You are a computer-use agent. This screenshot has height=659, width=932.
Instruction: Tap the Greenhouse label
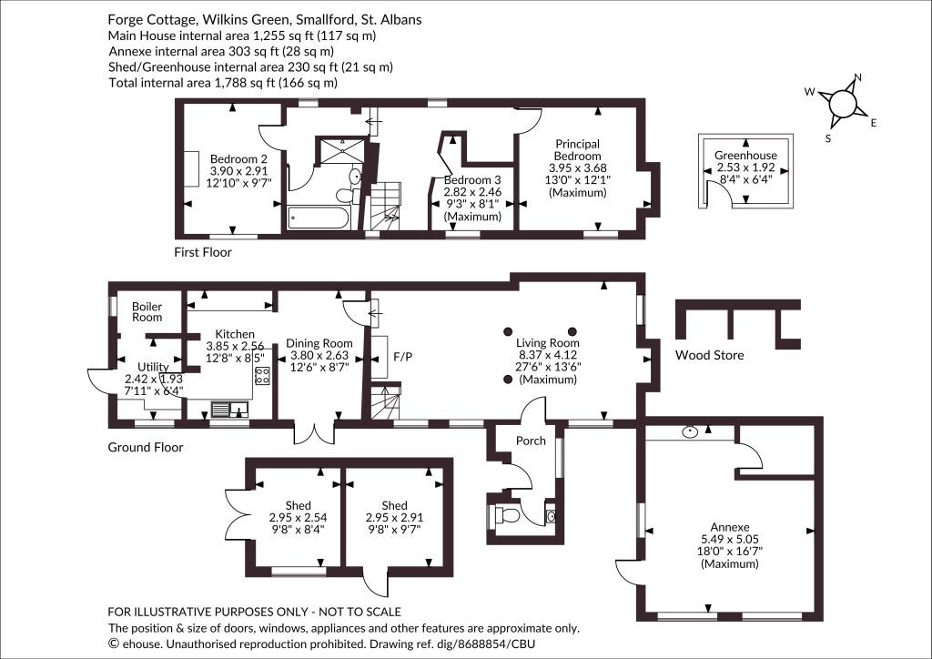pos(745,156)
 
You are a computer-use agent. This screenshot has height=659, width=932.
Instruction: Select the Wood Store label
pos(709,355)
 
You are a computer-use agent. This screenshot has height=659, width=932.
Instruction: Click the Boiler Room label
pos(147,312)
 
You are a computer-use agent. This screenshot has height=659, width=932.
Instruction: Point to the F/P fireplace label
pos(402,357)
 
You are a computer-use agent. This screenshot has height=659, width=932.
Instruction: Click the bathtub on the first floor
pos(319,218)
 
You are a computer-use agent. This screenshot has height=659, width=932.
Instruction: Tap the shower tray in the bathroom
pos(343,150)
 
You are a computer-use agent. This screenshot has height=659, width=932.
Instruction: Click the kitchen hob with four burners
pos(262,375)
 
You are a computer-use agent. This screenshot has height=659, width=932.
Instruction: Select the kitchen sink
pos(230,409)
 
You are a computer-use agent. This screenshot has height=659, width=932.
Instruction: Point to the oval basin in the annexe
pos(690,432)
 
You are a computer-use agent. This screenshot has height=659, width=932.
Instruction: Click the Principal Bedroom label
pos(577,150)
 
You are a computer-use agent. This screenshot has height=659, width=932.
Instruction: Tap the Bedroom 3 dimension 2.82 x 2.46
pos(472,192)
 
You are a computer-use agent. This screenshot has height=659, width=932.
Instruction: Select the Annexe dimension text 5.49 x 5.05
pos(730,539)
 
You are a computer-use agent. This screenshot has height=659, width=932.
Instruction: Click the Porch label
pos(531,441)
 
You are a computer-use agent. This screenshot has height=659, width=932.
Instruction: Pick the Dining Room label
pos(319,343)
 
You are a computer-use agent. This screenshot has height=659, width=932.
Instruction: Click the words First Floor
pos(203,252)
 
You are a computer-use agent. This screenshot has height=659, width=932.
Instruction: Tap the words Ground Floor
pos(145,448)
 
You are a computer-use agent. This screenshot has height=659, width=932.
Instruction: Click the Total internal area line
pos(223,83)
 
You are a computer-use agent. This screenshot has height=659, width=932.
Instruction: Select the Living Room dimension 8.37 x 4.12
pos(547,355)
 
